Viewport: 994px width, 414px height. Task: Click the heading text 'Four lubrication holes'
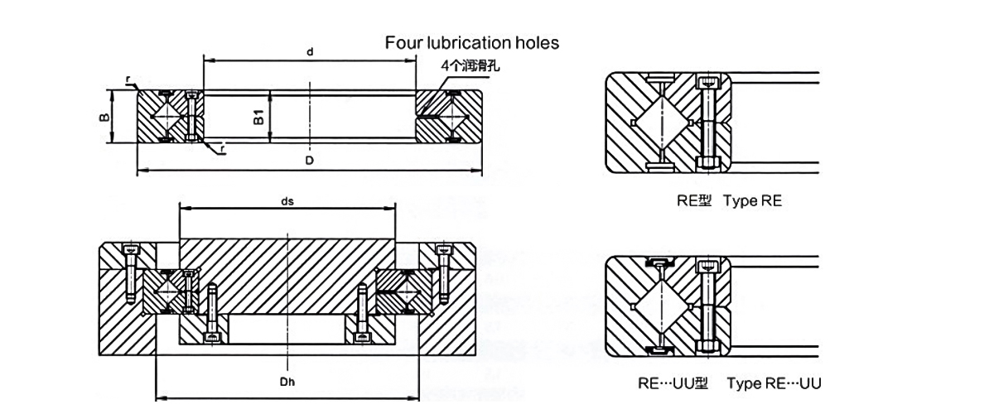pyautogui.click(x=472, y=42)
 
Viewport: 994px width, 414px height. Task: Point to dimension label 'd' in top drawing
pyautogui.click(x=309, y=52)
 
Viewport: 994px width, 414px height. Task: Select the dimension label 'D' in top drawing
pyautogui.click(x=309, y=161)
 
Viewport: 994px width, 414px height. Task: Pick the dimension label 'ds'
pyautogui.click(x=287, y=200)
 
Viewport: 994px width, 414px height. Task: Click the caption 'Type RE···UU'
pyautogui.click(x=774, y=383)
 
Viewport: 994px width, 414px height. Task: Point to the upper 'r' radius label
pyautogui.click(x=129, y=79)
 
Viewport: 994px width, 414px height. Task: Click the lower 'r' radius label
pyautogui.click(x=223, y=150)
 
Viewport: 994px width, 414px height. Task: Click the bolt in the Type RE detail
pyautogui.click(x=707, y=123)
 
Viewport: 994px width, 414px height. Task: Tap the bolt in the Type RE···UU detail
pyautogui.click(x=707, y=307)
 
